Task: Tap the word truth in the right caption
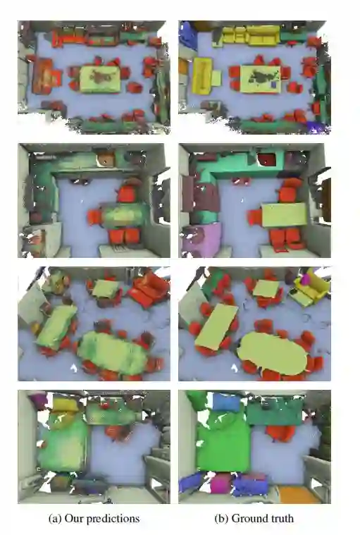click(280, 518)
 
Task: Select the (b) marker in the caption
click(222, 519)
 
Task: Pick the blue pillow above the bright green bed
click(226, 402)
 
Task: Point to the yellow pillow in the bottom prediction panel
click(66, 405)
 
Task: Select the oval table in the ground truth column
click(272, 353)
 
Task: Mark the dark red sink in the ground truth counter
click(266, 159)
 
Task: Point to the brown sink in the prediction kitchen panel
click(106, 159)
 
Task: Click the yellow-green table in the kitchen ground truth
click(284, 214)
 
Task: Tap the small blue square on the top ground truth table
click(273, 84)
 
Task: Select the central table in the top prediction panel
click(100, 79)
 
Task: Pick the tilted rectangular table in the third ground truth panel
click(216, 326)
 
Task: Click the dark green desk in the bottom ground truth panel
click(275, 412)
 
